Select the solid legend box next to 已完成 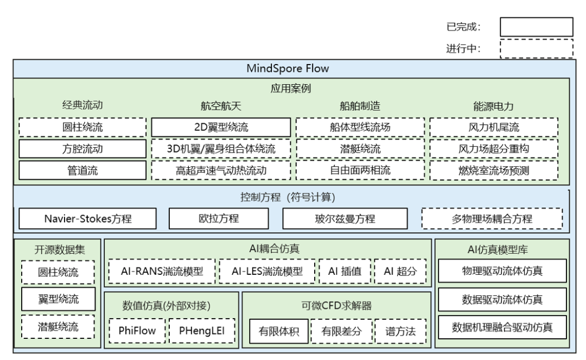(536, 27)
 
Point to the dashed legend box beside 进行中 (536, 48)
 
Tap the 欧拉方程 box (219, 219)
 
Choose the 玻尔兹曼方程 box (345, 219)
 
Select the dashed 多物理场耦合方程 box (492, 219)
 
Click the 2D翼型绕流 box (221, 128)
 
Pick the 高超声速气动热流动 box (221, 170)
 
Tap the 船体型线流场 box (360, 128)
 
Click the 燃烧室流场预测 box (494, 170)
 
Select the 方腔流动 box (82, 149)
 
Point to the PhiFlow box (136, 331)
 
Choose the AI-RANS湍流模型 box (161, 271)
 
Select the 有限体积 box (279, 331)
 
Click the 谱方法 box (400, 331)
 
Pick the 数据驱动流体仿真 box (502, 299)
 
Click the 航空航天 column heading (220, 106)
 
